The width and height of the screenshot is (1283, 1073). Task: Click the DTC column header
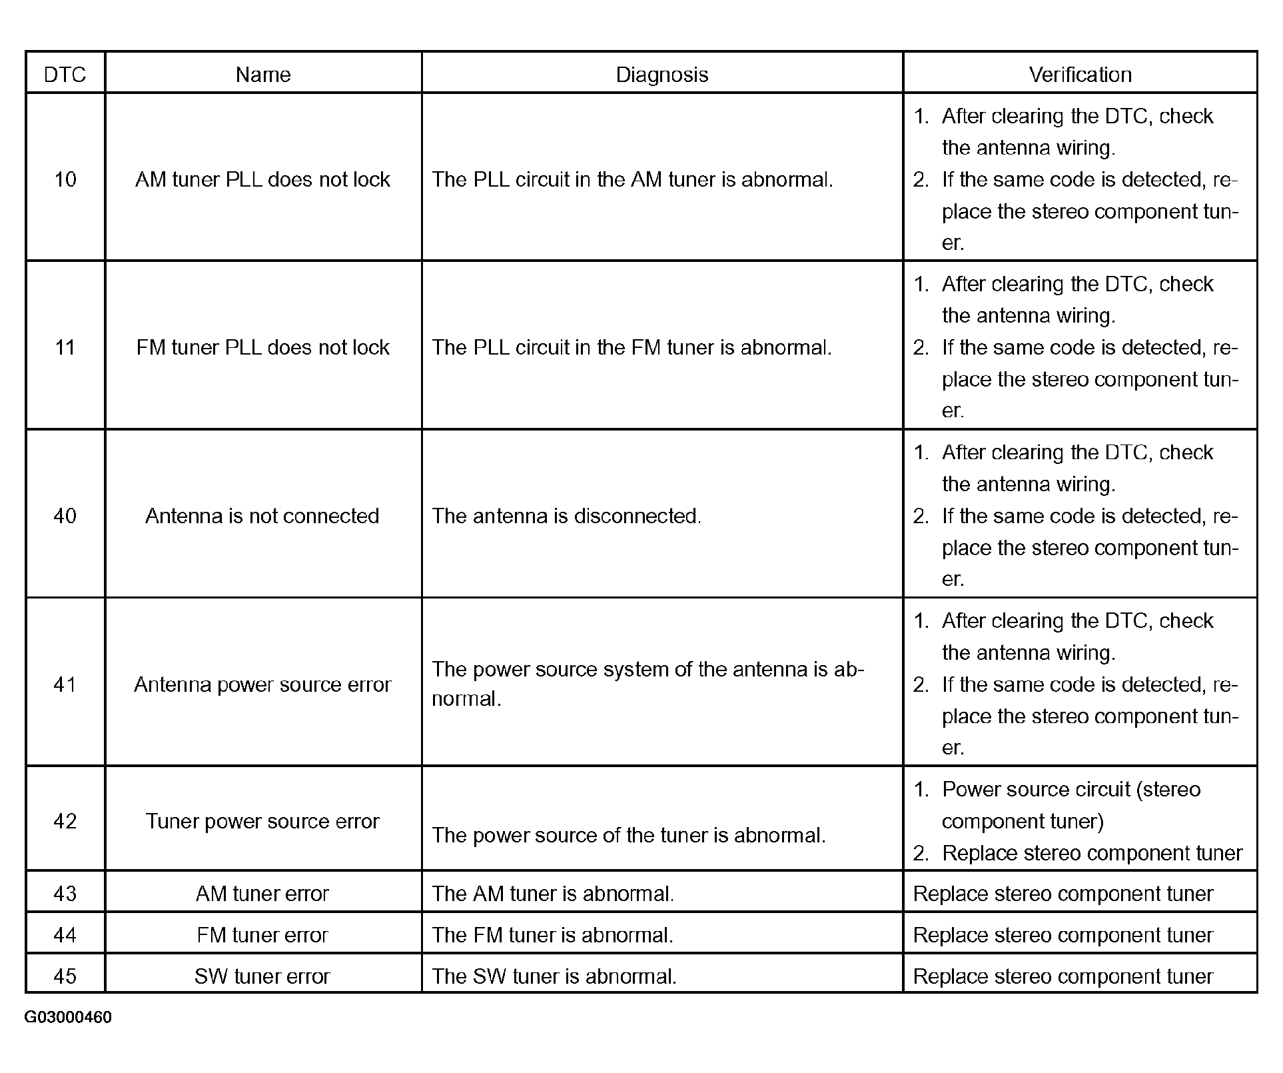[65, 74]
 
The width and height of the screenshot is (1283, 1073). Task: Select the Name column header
[263, 74]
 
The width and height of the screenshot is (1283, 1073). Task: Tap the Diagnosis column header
[661, 74]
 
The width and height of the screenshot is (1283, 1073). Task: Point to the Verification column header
[1080, 74]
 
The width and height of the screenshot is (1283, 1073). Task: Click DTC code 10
[65, 179]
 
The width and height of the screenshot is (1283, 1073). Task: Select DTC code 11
[65, 347]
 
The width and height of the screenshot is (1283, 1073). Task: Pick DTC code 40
[65, 516]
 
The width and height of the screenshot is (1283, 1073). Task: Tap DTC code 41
[65, 684]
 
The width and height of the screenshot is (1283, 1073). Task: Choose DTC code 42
[65, 821]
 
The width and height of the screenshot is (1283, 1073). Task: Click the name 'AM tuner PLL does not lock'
[262, 179]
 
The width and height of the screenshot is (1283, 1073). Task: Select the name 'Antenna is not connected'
[262, 516]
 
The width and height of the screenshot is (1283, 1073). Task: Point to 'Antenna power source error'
[262, 684]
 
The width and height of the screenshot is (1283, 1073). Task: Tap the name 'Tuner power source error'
[262, 821]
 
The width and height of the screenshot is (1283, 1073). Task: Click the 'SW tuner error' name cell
[262, 976]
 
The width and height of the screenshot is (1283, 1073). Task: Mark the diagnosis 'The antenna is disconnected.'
[566, 516]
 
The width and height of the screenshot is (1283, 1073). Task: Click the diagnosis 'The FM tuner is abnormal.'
[552, 935]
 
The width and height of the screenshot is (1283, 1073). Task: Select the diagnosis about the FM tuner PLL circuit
[632, 347]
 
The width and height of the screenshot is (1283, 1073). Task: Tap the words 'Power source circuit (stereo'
[1071, 790]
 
